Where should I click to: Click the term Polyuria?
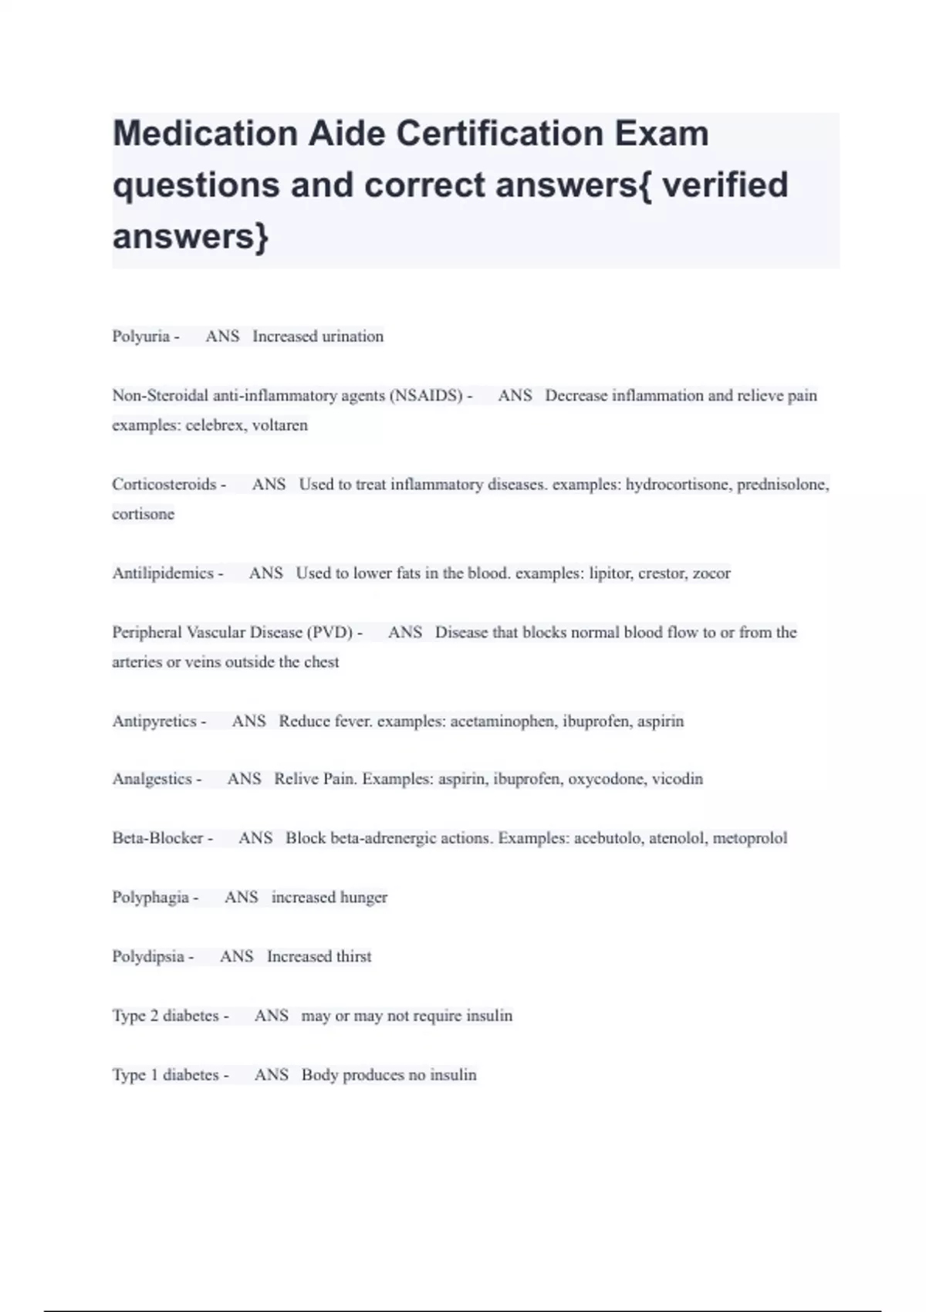(x=140, y=336)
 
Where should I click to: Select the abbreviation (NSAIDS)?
(x=425, y=396)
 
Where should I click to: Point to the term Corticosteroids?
(x=164, y=485)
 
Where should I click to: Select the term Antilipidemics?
(x=162, y=573)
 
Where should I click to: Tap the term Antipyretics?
(x=154, y=722)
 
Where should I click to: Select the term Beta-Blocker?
(x=157, y=838)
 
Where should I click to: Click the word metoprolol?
(x=750, y=838)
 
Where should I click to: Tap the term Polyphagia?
(x=150, y=898)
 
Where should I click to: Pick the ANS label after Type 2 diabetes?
(x=271, y=1016)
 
